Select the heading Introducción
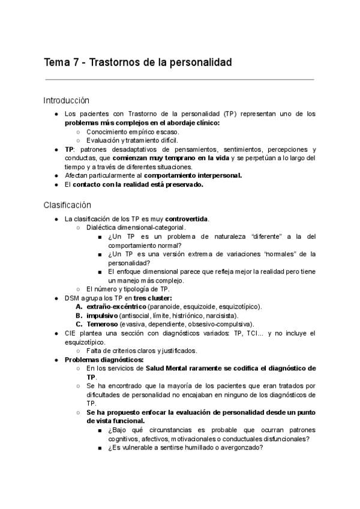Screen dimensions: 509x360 click(x=66, y=100)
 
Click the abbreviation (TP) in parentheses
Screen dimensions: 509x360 click(x=229, y=114)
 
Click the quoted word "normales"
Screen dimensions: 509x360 click(x=256, y=254)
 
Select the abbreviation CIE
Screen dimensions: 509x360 click(x=71, y=333)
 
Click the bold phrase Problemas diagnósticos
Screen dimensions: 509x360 click(x=99, y=360)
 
